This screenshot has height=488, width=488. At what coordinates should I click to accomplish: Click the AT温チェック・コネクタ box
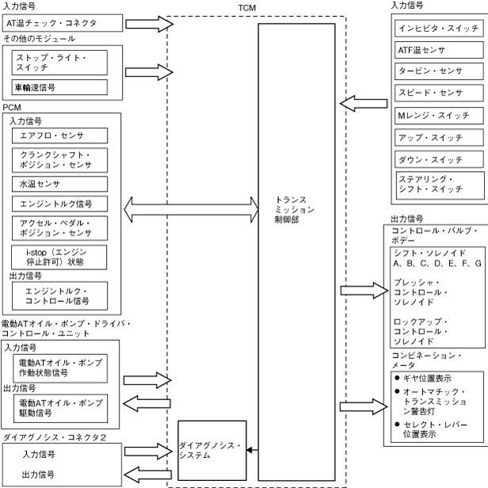[x=62, y=23]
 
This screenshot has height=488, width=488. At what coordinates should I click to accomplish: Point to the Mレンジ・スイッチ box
[x=440, y=116]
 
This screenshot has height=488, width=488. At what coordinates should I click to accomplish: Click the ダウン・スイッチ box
[x=440, y=158]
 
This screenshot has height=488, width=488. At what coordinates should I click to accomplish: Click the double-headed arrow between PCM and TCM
[x=193, y=209]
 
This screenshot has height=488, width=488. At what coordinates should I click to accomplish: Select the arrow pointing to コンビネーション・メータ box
[x=363, y=407]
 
